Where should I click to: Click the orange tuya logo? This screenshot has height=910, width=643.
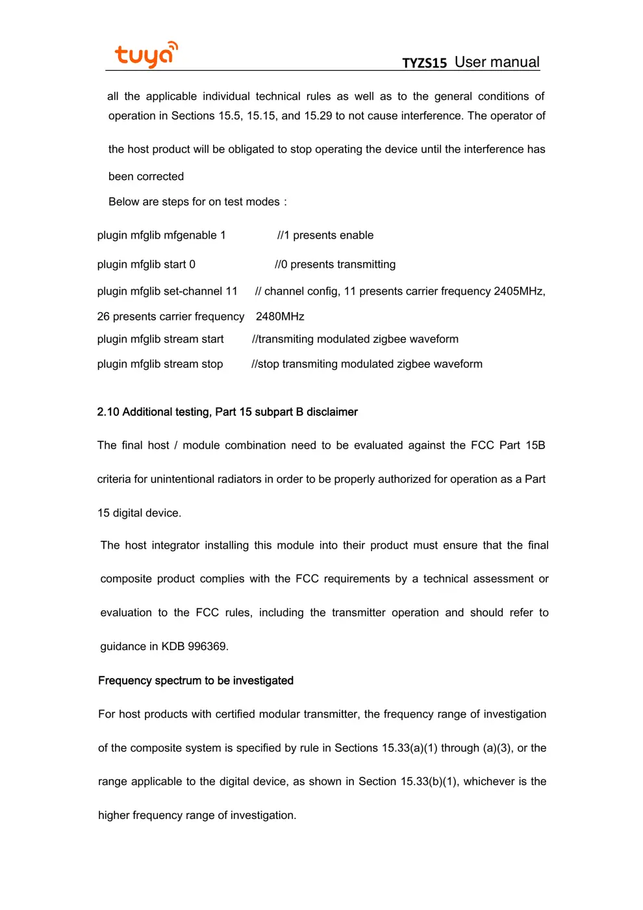146,55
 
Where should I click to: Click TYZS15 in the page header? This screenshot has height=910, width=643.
424,63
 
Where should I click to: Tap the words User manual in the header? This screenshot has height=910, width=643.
497,62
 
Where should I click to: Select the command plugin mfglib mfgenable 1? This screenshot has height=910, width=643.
161,235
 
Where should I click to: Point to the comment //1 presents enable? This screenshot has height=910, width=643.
325,235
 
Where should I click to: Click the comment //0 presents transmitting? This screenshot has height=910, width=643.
335,265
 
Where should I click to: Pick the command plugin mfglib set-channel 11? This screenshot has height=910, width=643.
168,291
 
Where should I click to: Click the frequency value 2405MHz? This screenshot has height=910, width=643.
518,291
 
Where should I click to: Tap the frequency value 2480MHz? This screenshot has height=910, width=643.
280,317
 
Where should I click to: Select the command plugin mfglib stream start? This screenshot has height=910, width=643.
160,339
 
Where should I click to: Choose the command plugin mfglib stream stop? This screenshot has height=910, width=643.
160,364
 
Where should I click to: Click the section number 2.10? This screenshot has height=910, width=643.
108,412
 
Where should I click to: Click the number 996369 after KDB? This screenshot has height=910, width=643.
207,647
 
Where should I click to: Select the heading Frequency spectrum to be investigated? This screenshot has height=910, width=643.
195,681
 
